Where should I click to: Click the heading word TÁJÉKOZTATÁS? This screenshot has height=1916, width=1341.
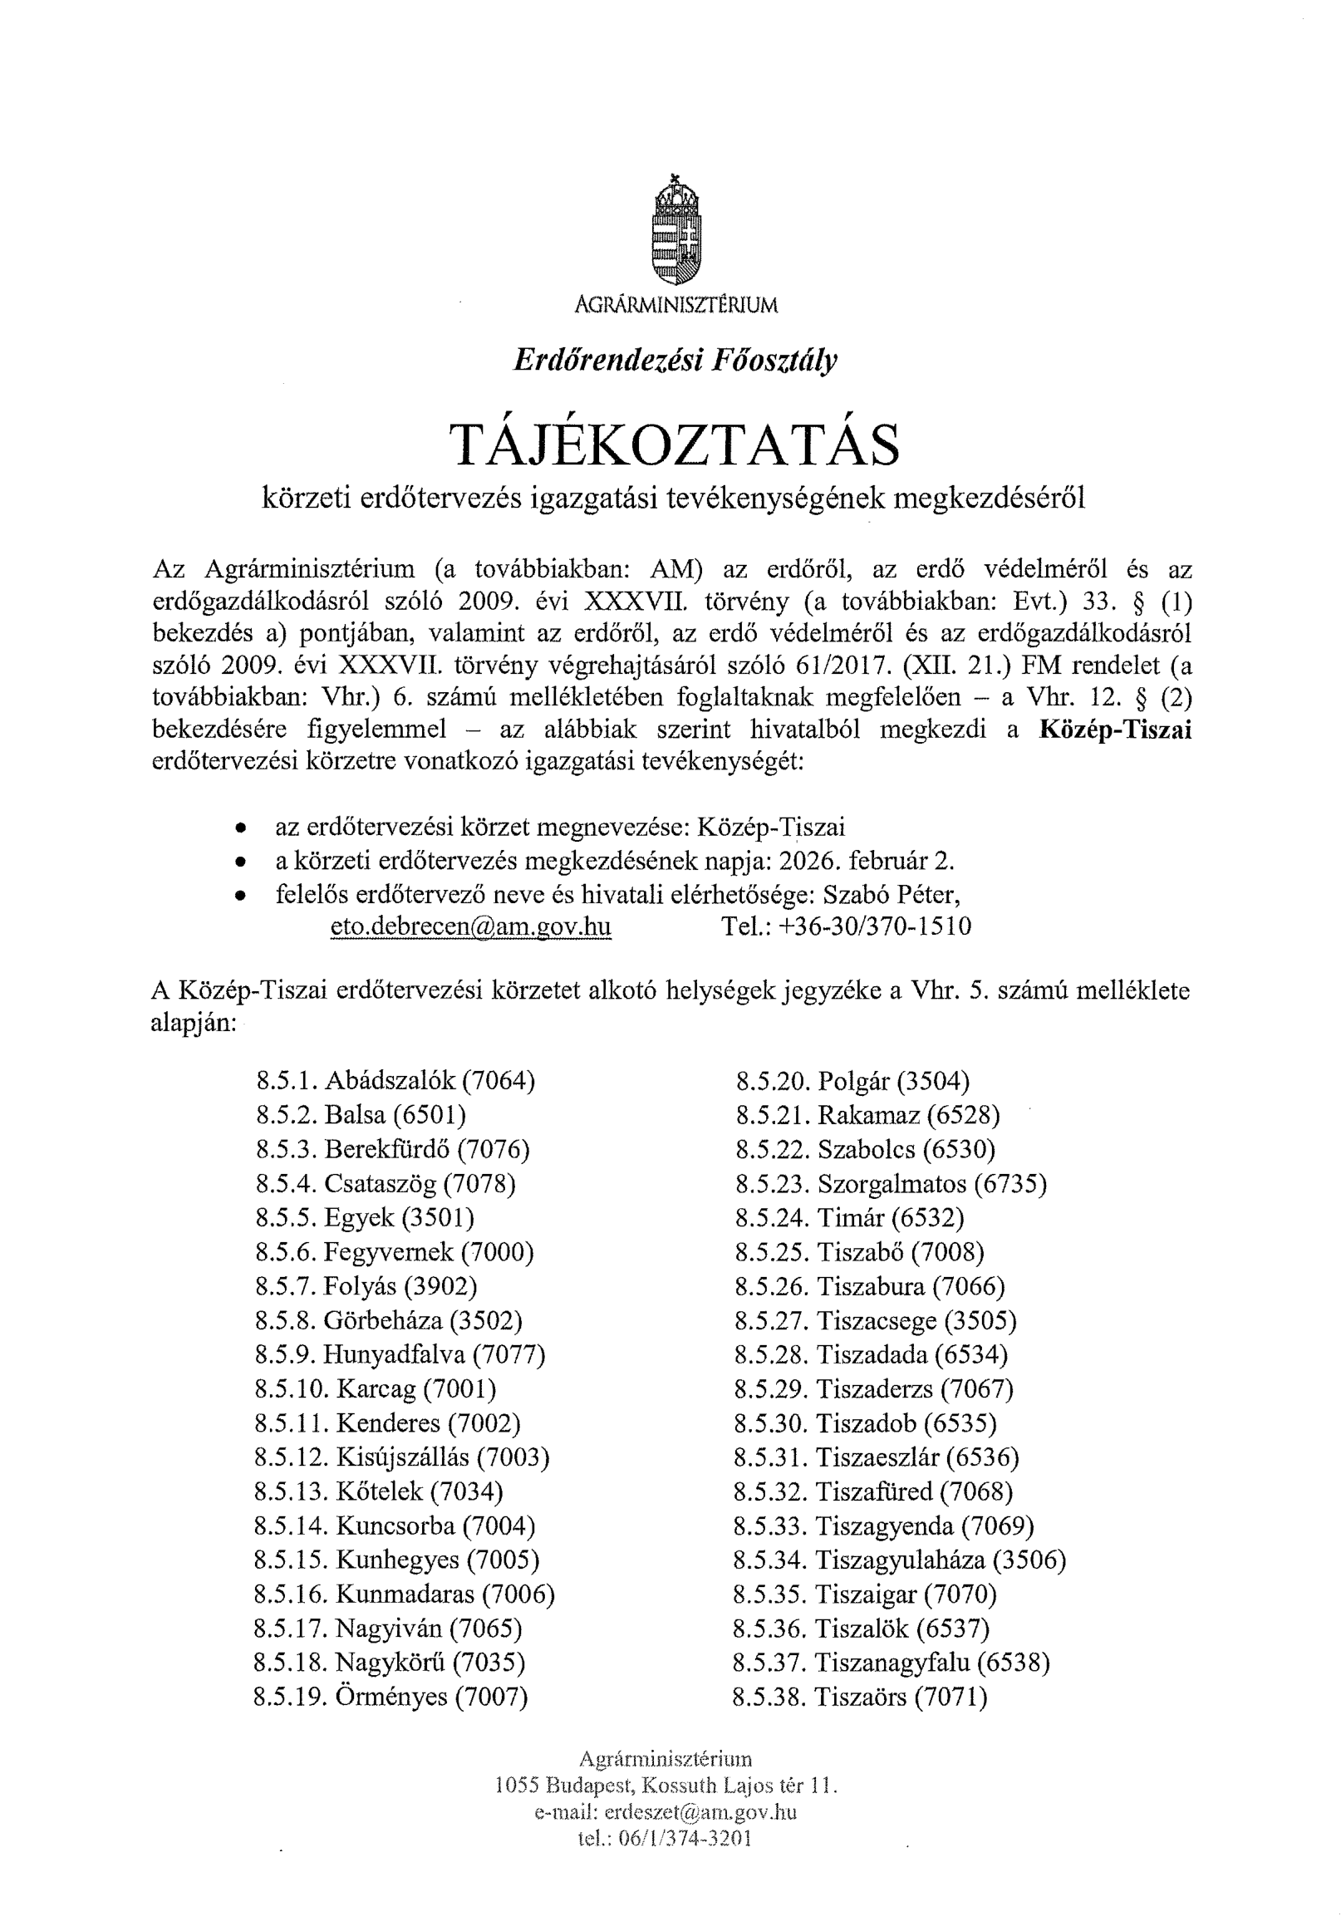(x=675, y=445)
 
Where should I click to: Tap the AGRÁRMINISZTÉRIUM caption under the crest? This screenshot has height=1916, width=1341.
(x=675, y=306)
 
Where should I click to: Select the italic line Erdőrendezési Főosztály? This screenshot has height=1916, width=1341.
(x=675, y=360)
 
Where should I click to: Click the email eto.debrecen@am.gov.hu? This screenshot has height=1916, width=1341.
(x=470, y=926)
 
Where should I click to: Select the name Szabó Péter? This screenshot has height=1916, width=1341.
(x=892, y=894)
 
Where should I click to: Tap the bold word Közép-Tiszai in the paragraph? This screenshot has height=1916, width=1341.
(x=1115, y=730)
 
